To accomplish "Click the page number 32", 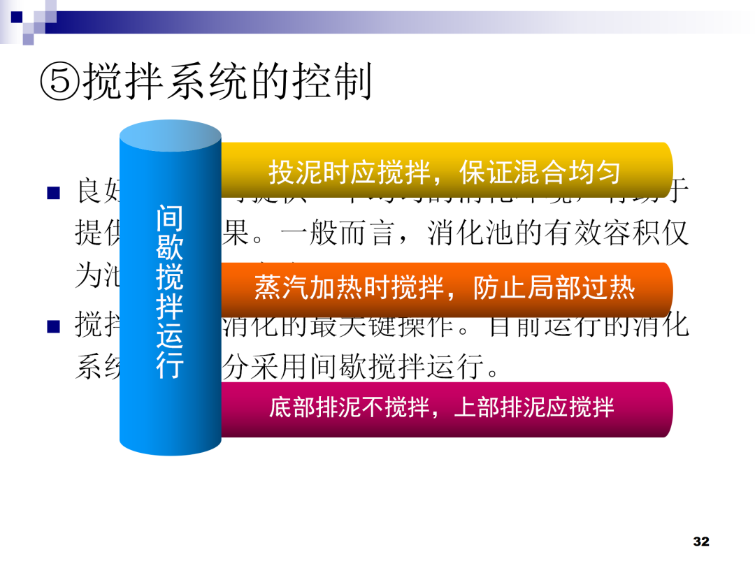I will click(x=700, y=542).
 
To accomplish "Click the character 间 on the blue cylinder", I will click(x=170, y=218).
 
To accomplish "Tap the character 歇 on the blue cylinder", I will click(x=170, y=248).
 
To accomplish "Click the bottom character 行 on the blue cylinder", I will click(x=170, y=366).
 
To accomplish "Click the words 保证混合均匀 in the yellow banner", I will click(x=540, y=172).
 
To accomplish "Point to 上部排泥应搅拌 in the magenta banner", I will click(x=534, y=407).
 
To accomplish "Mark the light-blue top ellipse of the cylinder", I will click(x=171, y=137).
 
